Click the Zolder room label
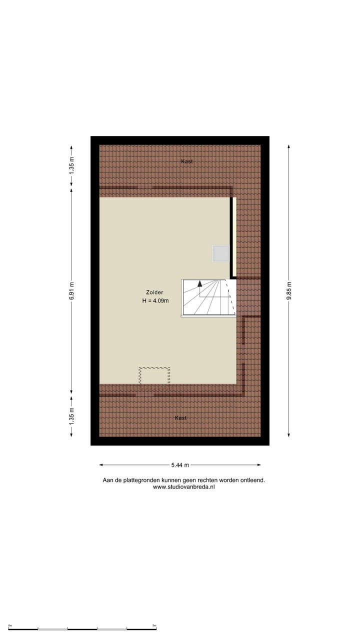[x=154, y=292]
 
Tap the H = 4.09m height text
[x=155, y=301]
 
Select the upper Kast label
[x=186, y=161]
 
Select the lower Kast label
[x=181, y=417]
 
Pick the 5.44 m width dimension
[x=180, y=465]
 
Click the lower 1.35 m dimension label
[x=71, y=416]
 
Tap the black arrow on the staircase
[x=199, y=283]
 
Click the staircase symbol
[x=208, y=298]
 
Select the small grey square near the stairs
[x=220, y=254]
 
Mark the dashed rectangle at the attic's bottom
[x=154, y=375]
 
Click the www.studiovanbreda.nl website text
[x=183, y=487]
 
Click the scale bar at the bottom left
[x=82, y=628]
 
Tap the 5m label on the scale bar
[x=154, y=625]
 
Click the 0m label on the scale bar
[x=10, y=625]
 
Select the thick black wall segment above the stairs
[x=232, y=237]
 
